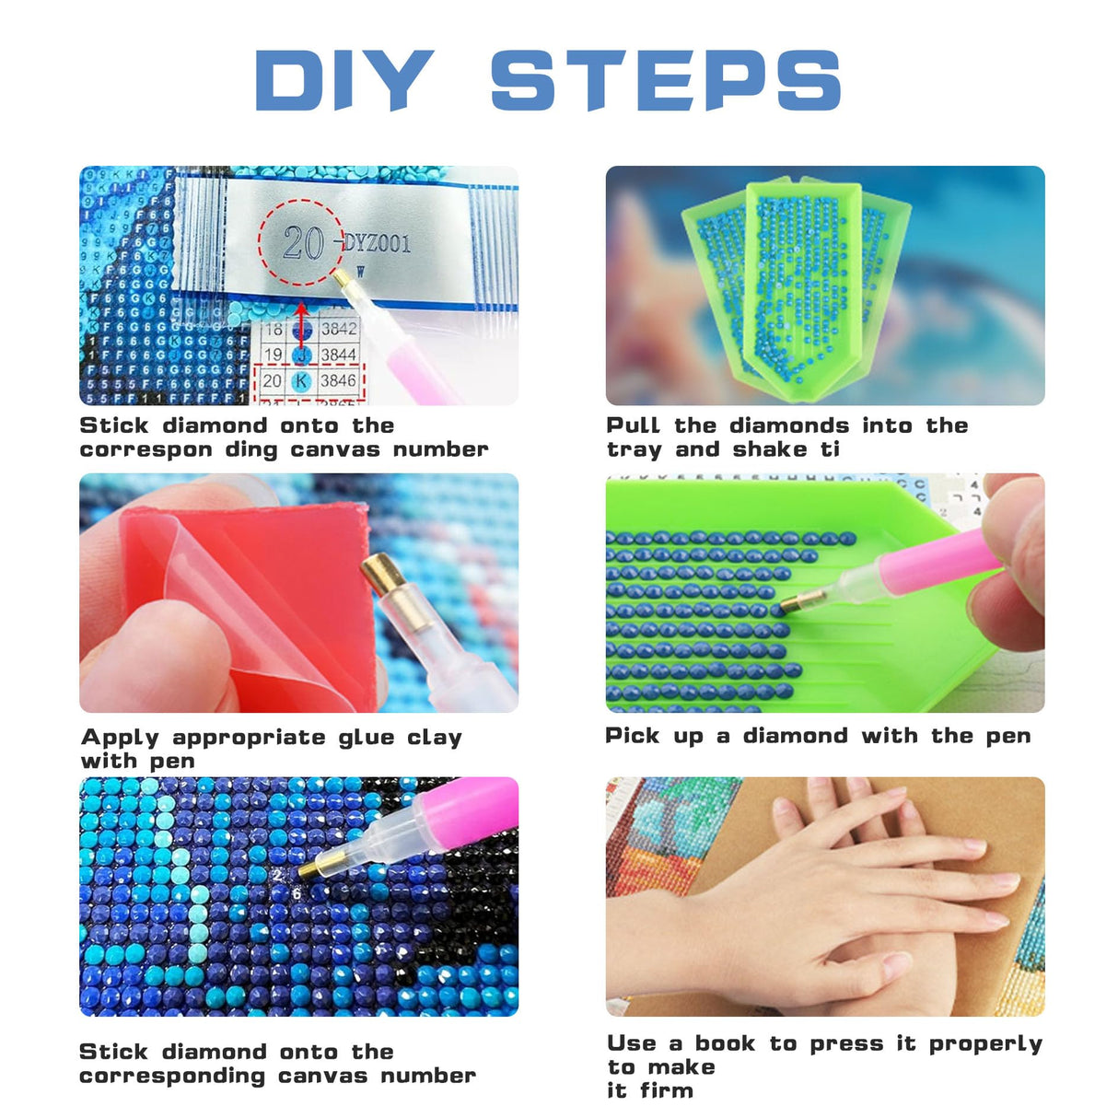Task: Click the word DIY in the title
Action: coord(344,80)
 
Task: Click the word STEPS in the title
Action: coord(665,80)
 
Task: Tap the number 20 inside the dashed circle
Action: coord(302,243)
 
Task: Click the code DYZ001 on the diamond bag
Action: coord(378,243)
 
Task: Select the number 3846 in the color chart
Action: coord(338,380)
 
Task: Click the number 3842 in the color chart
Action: coord(338,329)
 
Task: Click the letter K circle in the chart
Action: coord(301,380)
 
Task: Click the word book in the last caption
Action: coord(725,1043)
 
